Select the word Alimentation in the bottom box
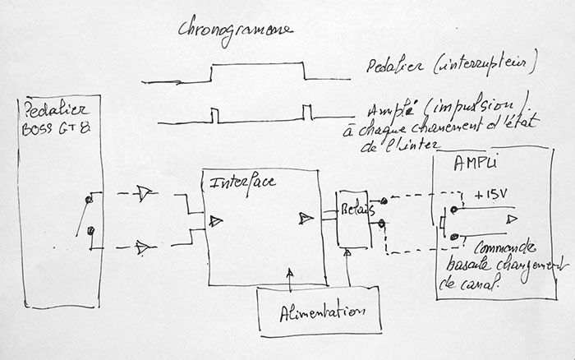pos(320,313)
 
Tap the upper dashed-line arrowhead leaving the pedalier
pos(145,194)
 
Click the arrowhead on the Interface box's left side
pos(216,220)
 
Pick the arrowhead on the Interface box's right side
pos(306,218)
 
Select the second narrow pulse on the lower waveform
pos(306,112)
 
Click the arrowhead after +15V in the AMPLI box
pos(512,219)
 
